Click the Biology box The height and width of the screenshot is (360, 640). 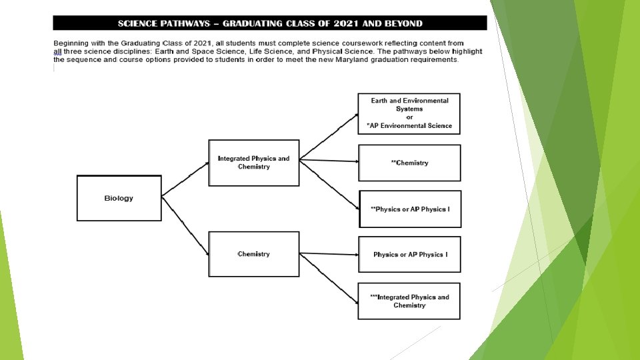[119, 198]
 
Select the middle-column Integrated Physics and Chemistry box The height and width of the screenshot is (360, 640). [253, 162]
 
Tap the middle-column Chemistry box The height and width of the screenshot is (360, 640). [253, 254]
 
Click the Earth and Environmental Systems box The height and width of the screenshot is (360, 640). [409, 113]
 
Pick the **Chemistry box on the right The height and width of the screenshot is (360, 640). [409, 163]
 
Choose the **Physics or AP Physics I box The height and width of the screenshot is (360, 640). [409, 209]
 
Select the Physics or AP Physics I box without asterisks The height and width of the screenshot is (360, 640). [409, 255]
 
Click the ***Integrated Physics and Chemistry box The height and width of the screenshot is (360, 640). [409, 301]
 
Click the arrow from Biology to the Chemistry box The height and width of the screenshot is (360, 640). [185, 225]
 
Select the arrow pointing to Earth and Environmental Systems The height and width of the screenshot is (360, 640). [329, 137]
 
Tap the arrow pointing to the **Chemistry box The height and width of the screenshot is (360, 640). [329, 161]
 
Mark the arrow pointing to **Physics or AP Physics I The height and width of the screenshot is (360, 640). [329, 184]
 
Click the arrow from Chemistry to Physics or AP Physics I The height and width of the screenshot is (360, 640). [329, 254]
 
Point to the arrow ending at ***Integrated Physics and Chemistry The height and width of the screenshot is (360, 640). [329, 277]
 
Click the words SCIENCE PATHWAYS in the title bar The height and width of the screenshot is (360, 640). [164, 23]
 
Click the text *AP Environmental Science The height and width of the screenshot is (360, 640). [409, 125]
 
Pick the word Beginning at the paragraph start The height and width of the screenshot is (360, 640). [75, 43]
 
